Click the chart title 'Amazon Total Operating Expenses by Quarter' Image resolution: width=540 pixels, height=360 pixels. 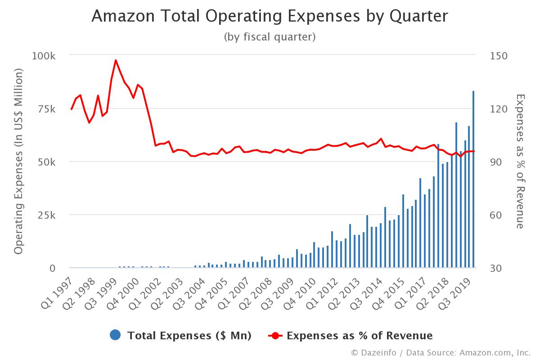[x=270, y=16]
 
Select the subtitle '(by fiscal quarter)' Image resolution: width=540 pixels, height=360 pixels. [x=270, y=37]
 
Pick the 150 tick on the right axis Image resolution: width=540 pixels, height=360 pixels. [x=498, y=56]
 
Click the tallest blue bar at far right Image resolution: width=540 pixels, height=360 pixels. [x=473, y=180]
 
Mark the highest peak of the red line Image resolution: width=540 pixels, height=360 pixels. [x=116, y=60]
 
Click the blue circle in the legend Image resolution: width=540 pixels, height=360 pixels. [x=115, y=335]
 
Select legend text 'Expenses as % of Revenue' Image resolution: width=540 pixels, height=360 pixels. [x=359, y=336]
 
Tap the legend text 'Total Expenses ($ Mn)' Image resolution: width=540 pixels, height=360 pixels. [x=189, y=336]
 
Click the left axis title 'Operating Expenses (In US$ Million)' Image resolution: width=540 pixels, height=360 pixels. [x=18, y=162]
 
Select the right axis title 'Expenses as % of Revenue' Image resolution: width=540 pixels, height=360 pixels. [x=520, y=161]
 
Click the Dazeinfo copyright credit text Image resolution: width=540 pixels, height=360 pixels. [x=441, y=352]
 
